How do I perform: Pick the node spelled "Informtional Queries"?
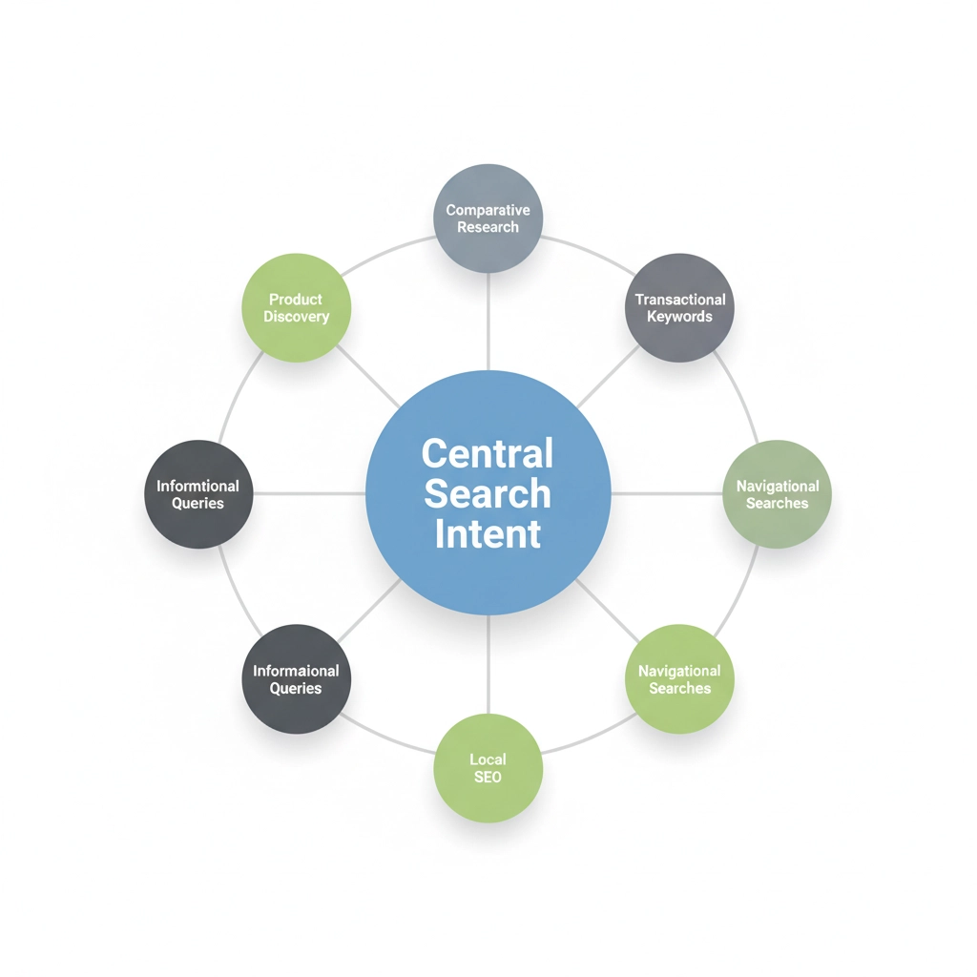(198, 494)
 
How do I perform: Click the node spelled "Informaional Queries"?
(296, 679)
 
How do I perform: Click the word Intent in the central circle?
(488, 533)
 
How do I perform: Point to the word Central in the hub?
(488, 453)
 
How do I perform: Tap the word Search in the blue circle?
(488, 493)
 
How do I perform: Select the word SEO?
(488, 778)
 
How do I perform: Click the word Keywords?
(679, 317)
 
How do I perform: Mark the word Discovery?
(296, 317)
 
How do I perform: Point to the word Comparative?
(488, 210)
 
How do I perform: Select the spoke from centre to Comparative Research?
(488, 322)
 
